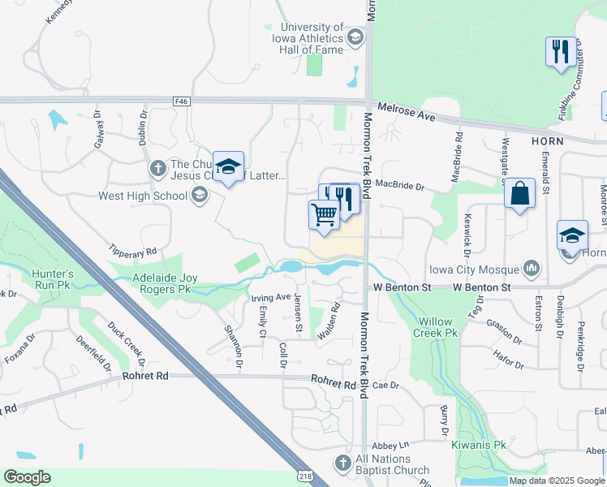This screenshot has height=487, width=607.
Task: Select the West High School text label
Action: pos(142,196)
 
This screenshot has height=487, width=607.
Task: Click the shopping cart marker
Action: pos(324,216)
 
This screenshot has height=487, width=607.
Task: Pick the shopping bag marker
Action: pos(519,195)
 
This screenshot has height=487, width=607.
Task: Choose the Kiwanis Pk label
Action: pos(479,445)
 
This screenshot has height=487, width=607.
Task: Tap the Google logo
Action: pos(27,477)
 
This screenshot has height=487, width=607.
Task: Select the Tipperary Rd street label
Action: pos(134,252)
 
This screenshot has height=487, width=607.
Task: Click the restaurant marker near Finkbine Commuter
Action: pos(561,52)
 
